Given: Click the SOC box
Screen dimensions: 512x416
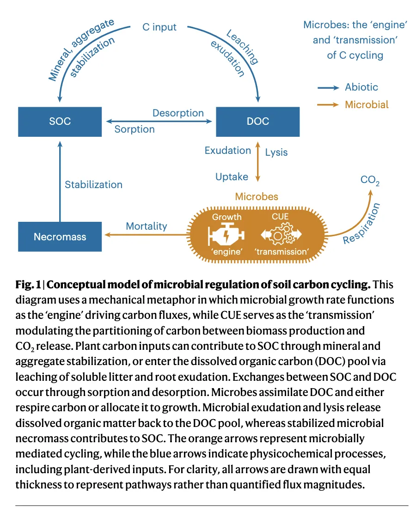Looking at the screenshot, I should point(60,122).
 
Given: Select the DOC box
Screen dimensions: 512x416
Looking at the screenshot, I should point(258,122).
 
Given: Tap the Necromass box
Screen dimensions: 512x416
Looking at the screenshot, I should point(60,237).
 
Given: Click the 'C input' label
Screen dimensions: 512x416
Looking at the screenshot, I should point(159,27).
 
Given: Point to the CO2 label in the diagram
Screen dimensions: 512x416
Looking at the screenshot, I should point(370,180).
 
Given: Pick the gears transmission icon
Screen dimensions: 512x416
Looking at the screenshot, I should point(281,235).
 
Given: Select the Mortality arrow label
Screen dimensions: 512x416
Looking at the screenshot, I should point(147,226).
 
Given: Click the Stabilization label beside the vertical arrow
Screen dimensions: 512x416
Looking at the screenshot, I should point(93,184).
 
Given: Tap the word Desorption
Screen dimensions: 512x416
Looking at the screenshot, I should point(178,113).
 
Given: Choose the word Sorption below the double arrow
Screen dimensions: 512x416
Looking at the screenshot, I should point(135,129).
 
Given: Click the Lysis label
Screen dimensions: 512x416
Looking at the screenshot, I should point(276,152).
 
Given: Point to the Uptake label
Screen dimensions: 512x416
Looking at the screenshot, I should point(232,177).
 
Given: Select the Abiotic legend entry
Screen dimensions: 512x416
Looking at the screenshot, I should point(361,87).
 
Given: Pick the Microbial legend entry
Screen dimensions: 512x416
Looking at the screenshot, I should point(367,104).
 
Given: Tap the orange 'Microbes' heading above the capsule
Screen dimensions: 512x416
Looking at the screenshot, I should point(257,196).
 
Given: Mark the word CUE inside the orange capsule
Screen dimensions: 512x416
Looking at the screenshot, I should point(281,217).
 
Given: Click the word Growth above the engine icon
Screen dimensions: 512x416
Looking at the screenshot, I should point(227,217).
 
